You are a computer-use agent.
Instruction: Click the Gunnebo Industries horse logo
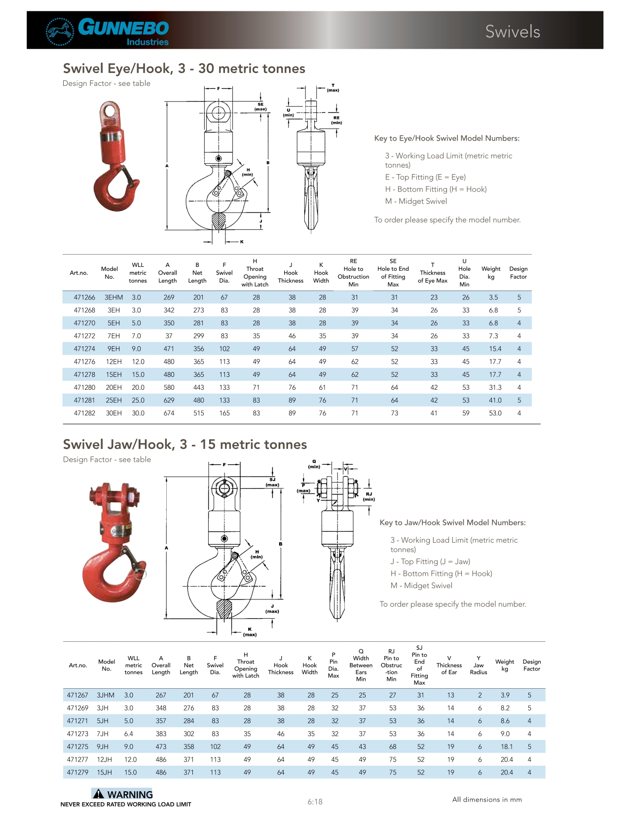tap(60, 32)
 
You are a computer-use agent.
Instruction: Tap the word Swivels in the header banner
tap(512, 32)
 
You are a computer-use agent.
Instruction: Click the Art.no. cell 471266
tap(84, 297)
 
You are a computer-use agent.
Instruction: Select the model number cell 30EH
tap(113, 413)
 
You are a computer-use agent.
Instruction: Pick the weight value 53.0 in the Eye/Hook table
tap(495, 413)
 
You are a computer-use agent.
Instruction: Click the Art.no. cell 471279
tap(77, 772)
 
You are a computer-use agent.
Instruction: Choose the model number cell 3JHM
tap(106, 695)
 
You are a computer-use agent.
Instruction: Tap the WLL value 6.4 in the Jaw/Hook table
tap(129, 734)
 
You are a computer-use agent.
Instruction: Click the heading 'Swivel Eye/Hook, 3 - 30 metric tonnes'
tap(184, 69)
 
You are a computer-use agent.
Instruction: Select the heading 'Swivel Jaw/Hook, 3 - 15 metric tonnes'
tap(185, 444)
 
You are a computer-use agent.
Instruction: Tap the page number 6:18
tap(315, 802)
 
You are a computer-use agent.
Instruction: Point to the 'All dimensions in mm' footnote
tap(487, 799)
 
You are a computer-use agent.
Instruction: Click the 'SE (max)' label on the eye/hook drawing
tap(260, 107)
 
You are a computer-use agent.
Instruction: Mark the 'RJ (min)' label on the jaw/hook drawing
tap(369, 496)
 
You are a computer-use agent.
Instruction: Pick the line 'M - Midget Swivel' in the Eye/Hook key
tap(416, 201)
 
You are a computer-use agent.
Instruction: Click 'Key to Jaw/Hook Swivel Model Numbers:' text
tap(452, 522)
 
